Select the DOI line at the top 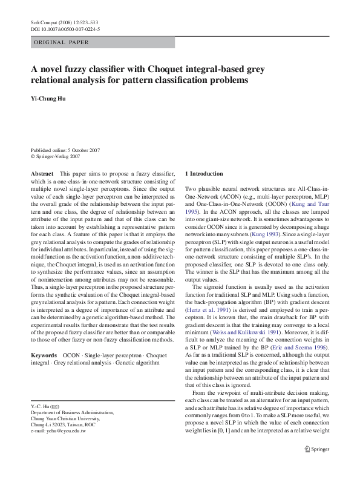click(x=65, y=28)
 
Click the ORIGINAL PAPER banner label click(x=62, y=42)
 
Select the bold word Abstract click(x=42, y=174)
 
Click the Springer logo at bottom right click(x=318, y=466)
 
